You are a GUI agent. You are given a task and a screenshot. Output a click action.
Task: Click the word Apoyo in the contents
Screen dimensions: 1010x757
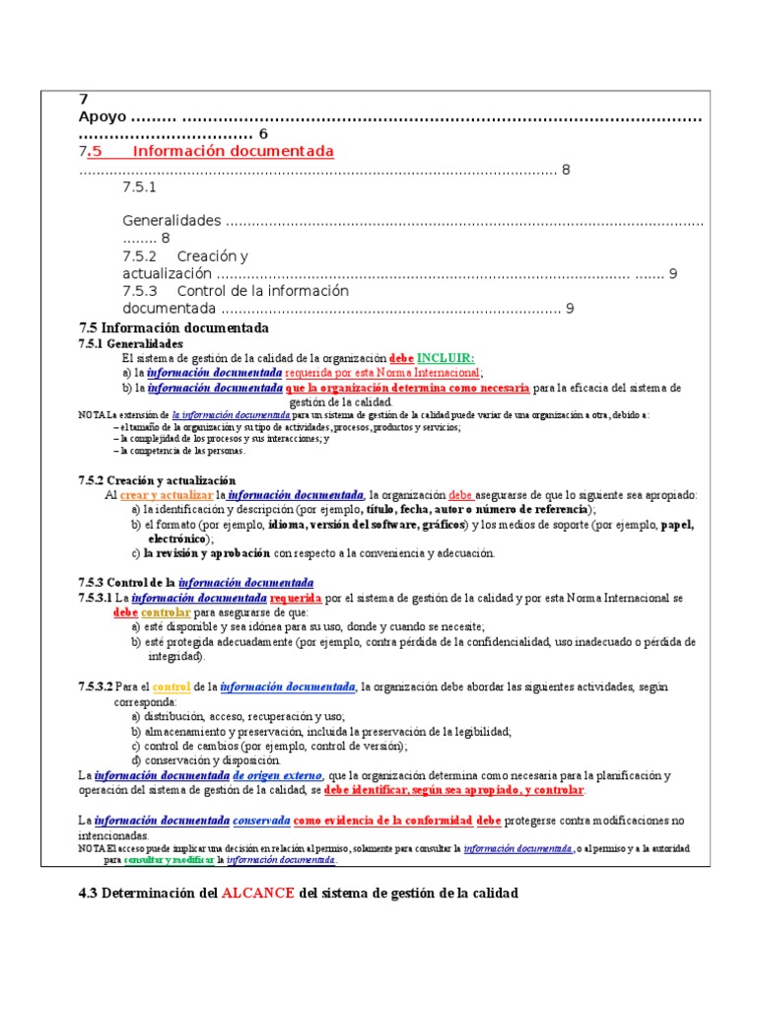pyautogui.click(x=102, y=116)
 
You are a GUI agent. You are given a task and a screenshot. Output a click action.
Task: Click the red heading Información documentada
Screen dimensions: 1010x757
pyautogui.click(x=234, y=151)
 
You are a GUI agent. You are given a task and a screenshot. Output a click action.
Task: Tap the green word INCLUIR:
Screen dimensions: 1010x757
pyautogui.click(x=446, y=357)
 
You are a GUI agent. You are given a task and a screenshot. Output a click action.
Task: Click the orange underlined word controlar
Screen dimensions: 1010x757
pyautogui.click(x=172, y=612)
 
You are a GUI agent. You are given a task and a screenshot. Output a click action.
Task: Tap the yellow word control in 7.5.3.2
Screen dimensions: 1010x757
pyautogui.click(x=172, y=685)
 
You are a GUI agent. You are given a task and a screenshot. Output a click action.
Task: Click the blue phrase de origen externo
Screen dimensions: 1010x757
pyautogui.click(x=278, y=775)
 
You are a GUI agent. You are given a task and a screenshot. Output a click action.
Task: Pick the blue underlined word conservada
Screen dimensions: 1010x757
pyautogui.click(x=261, y=820)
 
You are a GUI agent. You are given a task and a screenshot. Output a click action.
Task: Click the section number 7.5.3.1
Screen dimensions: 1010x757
pyautogui.click(x=95, y=598)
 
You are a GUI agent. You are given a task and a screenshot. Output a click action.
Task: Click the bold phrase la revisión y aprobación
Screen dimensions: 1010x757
pyautogui.click(x=207, y=553)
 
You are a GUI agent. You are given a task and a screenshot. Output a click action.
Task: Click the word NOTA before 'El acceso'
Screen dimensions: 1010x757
pyautogui.click(x=92, y=848)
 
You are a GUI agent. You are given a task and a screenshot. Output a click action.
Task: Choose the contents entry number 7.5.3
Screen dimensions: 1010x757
pyautogui.click(x=140, y=291)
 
